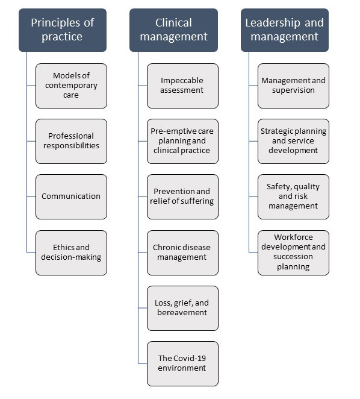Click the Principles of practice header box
[63, 30]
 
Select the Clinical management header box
[173, 30]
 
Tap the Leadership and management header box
[285, 30]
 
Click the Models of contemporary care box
[71, 86]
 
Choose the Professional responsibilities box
[71, 141]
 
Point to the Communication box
[71, 196]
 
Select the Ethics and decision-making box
[71, 253]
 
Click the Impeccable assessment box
[182, 86]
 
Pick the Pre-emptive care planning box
[182, 141]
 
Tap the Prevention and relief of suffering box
[182, 196]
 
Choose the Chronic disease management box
[182, 253]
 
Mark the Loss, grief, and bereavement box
[182, 308]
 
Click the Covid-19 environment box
[182, 363]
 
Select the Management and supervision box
[293, 86]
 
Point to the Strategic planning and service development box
[293, 141]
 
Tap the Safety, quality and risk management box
[293, 196]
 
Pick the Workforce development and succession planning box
[293, 253]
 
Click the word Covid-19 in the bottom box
[190, 358]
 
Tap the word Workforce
[293, 237]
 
